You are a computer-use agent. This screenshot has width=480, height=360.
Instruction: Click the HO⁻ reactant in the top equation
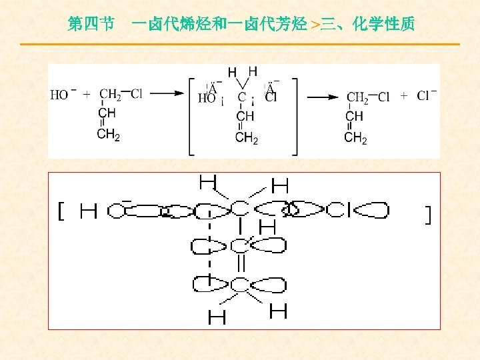[62, 95]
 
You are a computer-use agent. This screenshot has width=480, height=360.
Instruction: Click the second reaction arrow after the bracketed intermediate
[322, 97]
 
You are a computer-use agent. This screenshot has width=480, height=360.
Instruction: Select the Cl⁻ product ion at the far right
[426, 95]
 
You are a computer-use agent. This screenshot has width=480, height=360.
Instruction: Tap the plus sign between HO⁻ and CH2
[87, 95]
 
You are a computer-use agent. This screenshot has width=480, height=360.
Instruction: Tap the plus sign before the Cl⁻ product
[404, 96]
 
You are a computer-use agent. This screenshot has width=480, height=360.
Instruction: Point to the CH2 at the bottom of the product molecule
[355, 138]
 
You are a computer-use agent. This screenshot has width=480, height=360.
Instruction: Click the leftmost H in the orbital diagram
[88, 212]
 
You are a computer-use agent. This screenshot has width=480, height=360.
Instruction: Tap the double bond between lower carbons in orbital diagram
[241, 264]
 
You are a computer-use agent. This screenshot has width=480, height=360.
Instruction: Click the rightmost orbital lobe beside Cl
[371, 211]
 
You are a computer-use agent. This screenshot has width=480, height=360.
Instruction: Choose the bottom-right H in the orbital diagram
[279, 311]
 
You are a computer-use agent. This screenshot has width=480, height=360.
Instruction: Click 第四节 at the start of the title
[90, 25]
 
